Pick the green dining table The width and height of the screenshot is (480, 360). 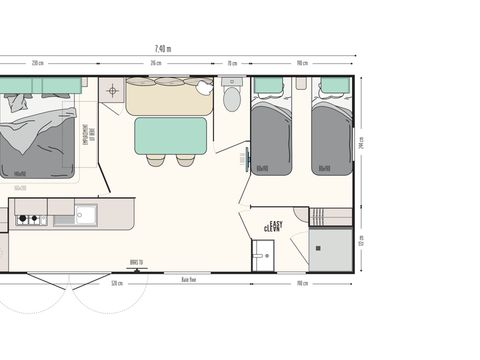pos(170,135)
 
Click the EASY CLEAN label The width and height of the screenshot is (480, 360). pos(272,226)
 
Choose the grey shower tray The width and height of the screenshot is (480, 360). pos(329,249)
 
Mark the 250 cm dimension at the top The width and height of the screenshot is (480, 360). pos(38,65)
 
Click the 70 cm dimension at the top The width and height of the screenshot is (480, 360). pos(231,65)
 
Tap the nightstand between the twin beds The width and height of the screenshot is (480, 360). pos(301,85)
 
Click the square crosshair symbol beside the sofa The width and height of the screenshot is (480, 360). pos(111,91)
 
